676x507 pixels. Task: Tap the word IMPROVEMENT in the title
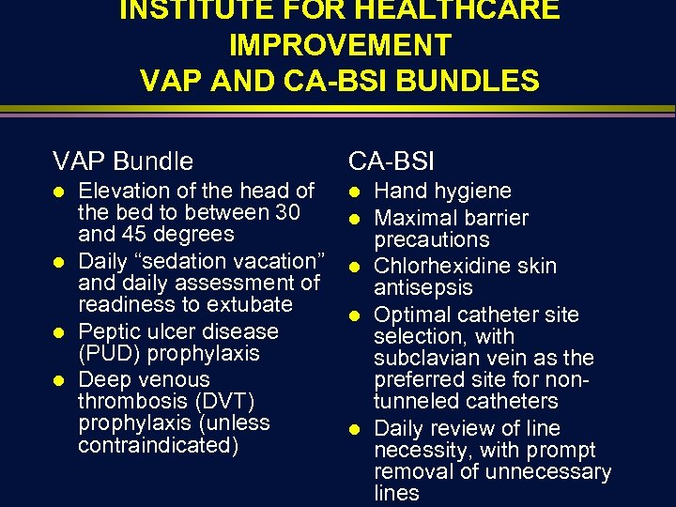point(339,44)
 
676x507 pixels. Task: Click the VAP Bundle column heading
point(123,161)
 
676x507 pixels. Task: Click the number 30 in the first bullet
point(285,212)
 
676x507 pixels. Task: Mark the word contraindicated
point(159,444)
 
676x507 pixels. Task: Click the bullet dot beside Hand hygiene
point(354,192)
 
